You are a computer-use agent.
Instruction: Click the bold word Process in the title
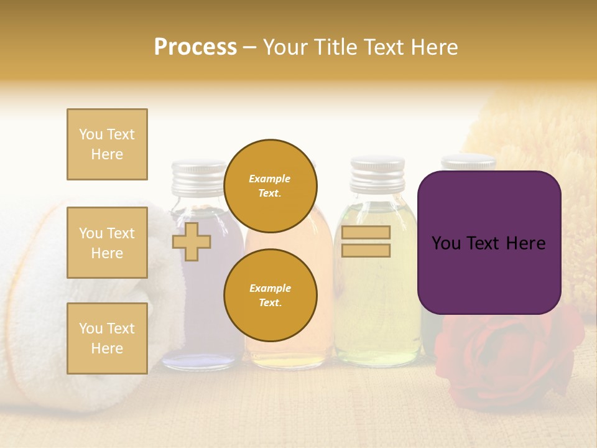tap(195, 47)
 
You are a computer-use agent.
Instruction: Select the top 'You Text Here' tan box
tap(107, 144)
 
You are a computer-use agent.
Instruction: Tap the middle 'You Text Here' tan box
tap(107, 243)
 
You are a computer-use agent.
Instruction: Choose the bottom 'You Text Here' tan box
tap(107, 338)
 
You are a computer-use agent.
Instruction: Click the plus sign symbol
tap(191, 241)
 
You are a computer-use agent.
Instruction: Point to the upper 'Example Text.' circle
tap(270, 186)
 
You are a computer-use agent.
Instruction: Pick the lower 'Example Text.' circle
tap(270, 296)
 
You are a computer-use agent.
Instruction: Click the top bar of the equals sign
tap(366, 233)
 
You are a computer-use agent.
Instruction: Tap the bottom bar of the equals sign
tap(366, 250)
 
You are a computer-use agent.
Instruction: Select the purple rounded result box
tap(489, 243)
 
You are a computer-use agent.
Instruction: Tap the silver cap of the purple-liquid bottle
tap(199, 177)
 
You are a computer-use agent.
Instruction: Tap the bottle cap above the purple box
tap(468, 163)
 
